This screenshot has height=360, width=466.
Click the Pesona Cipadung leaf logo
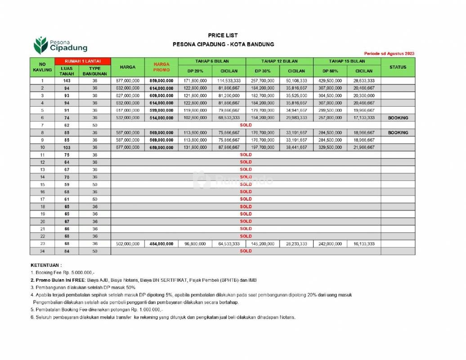pyautogui.click(x=41, y=45)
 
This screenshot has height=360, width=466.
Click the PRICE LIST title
pyautogui.click(x=223, y=35)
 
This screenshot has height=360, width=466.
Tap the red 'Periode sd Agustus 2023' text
pyautogui.click(x=389, y=54)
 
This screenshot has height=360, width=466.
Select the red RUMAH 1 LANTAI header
pyautogui.click(x=82, y=61)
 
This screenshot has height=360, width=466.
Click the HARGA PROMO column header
pyautogui.click(x=161, y=67)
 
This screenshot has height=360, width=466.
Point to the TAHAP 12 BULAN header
pyautogui.click(x=279, y=61)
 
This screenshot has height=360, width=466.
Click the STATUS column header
pyautogui.click(x=398, y=67)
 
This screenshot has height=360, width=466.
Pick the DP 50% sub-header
pyautogui.click(x=330, y=71)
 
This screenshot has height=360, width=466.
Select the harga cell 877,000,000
pyautogui.click(x=128, y=80)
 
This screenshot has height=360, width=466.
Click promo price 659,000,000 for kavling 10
pyautogui.click(x=161, y=147)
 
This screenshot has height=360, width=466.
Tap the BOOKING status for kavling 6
pyautogui.click(x=398, y=117)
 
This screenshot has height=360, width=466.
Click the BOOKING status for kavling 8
pyautogui.click(x=398, y=132)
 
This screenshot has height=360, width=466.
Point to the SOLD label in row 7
pyautogui.click(x=246, y=125)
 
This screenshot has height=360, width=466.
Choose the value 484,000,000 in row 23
pyautogui.click(x=161, y=243)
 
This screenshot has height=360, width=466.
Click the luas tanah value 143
pyautogui.click(x=67, y=80)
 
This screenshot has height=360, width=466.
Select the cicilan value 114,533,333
pyautogui.click(x=229, y=80)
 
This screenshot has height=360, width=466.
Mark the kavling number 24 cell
pyautogui.click(x=42, y=251)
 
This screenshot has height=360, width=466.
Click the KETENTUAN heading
pyautogui.click(x=46, y=265)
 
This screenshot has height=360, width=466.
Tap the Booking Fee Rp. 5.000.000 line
pyautogui.click(x=63, y=273)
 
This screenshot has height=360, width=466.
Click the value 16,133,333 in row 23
pyautogui.click(x=363, y=243)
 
